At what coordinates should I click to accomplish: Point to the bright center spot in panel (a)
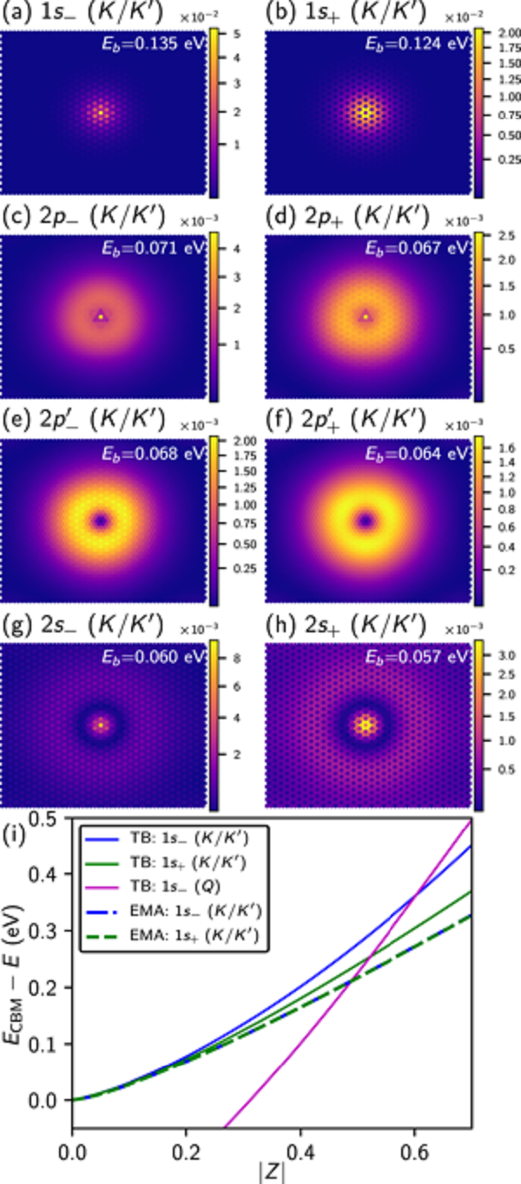tap(101, 112)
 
